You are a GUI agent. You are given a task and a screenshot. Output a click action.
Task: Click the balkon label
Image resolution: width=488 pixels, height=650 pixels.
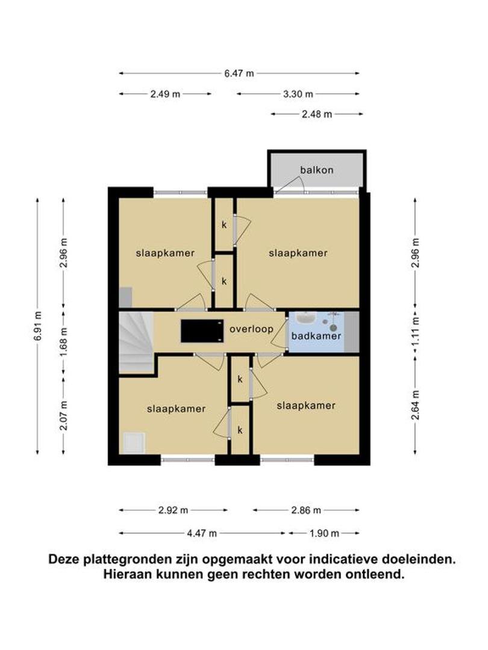pyautogui.click(x=317, y=170)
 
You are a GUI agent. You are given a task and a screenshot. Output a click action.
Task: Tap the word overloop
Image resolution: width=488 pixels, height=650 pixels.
pyautogui.click(x=251, y=329)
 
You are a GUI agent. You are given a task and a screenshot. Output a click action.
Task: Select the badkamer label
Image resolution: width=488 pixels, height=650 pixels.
pyautogui.click(x=316, y=336)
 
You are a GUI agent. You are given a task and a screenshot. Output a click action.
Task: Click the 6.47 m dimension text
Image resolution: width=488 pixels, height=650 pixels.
pyautogui.click(x=239, y=73)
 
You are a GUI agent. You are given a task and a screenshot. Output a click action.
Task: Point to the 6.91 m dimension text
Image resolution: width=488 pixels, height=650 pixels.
pyautogui.click(x=37, y=326)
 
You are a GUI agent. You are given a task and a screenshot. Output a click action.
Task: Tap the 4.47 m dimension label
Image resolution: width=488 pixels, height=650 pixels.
pyautogui.click(x=202, y=533)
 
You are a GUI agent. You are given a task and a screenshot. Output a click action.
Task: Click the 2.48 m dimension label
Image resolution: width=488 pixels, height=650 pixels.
pyautogui.click(x=317, y=114)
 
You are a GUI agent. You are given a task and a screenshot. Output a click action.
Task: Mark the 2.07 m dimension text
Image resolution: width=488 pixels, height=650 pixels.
pyautogui.click(x=63, y=415)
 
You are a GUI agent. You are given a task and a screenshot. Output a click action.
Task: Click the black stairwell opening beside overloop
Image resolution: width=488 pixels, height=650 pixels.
pyautogui.click(x=202, y=331)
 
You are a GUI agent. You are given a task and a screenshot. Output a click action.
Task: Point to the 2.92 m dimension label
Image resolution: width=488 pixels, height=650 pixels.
pyautogui.click(x=173, y=510)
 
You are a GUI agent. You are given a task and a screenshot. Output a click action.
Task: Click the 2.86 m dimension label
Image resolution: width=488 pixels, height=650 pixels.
pyautogui.click(x=306, y=510)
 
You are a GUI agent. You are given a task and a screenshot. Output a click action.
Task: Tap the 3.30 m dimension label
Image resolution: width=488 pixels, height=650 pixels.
pyautogui.click(x=298, y=94)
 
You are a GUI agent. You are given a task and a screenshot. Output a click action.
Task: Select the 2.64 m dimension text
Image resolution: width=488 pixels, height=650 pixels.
pyautogui.click(x=415, y=404)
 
